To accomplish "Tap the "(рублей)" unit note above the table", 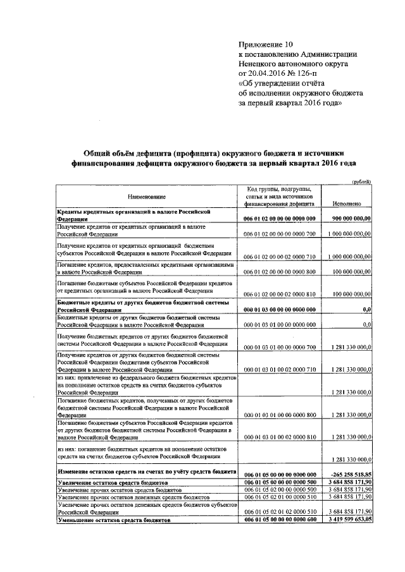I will [361, 181].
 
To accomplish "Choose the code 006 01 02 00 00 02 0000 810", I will [279, 295].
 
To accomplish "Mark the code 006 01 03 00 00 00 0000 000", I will [279, 310].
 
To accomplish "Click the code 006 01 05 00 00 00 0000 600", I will [279, 519].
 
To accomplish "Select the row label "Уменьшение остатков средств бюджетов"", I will [115, 519].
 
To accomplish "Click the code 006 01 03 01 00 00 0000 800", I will [279, 416].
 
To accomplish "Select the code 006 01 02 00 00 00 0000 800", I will [279, 272].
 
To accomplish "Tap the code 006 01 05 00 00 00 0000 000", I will [279, 474].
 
